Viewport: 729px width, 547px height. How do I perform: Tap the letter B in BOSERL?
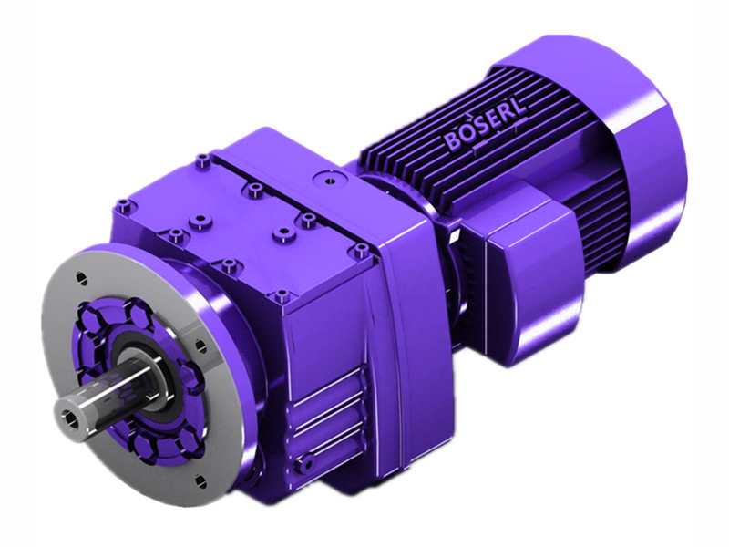[453, 143]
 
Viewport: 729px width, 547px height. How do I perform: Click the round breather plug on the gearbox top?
[321, 179]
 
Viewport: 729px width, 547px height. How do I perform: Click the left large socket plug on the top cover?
[195, 220]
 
